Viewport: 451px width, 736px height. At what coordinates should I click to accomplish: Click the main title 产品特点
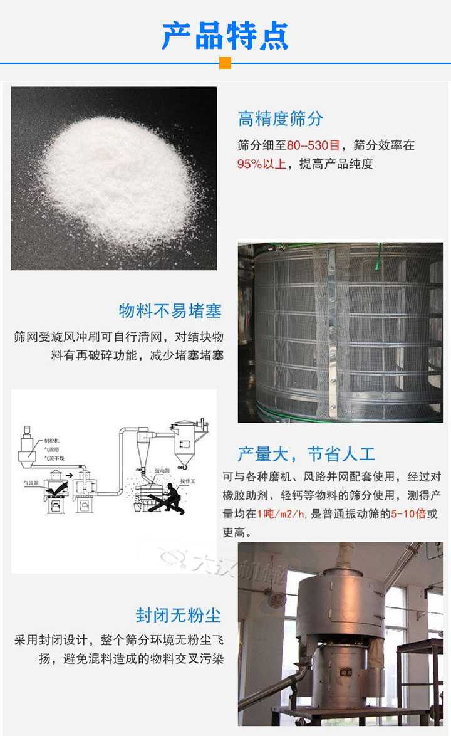225,36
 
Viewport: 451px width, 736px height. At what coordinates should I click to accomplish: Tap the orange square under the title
225,63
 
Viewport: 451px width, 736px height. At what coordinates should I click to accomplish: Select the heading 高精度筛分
281,118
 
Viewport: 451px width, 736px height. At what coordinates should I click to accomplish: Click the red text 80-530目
313,145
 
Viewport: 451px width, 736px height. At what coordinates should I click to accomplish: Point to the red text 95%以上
261,164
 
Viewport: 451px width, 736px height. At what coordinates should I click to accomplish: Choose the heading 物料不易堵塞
170,310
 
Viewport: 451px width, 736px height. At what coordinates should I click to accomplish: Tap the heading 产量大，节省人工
306,453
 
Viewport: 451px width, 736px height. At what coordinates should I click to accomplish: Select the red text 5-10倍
408,514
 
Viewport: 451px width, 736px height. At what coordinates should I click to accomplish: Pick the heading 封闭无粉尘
179,614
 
